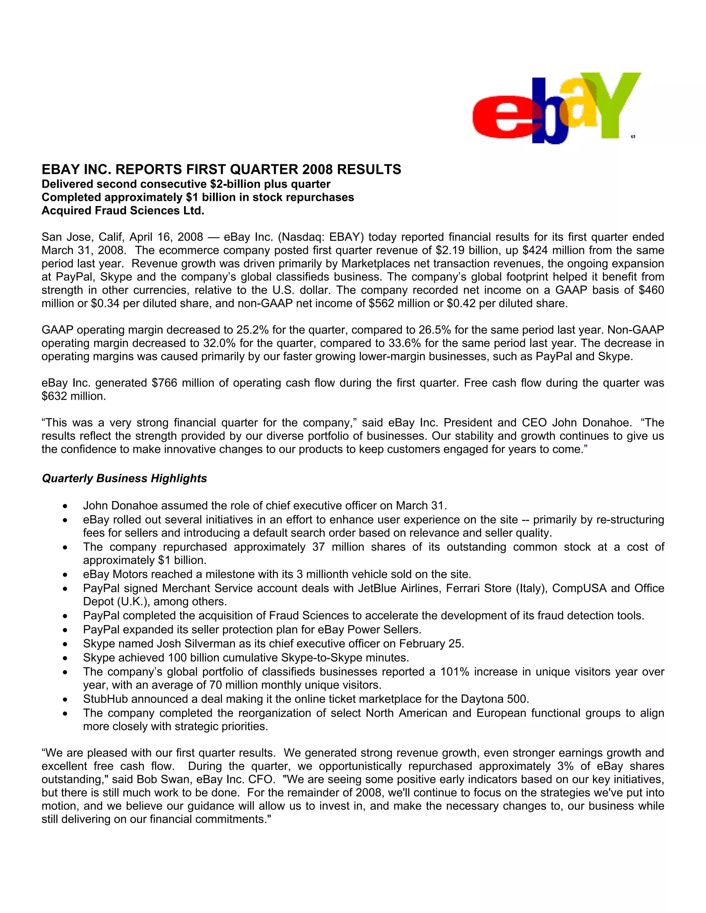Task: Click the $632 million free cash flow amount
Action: click(x=74, y=396)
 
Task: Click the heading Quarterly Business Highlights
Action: click(x=124, y=478)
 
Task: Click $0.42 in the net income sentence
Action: click(x=461, y=304)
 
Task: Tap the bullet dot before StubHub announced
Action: click(x=65, y=700)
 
